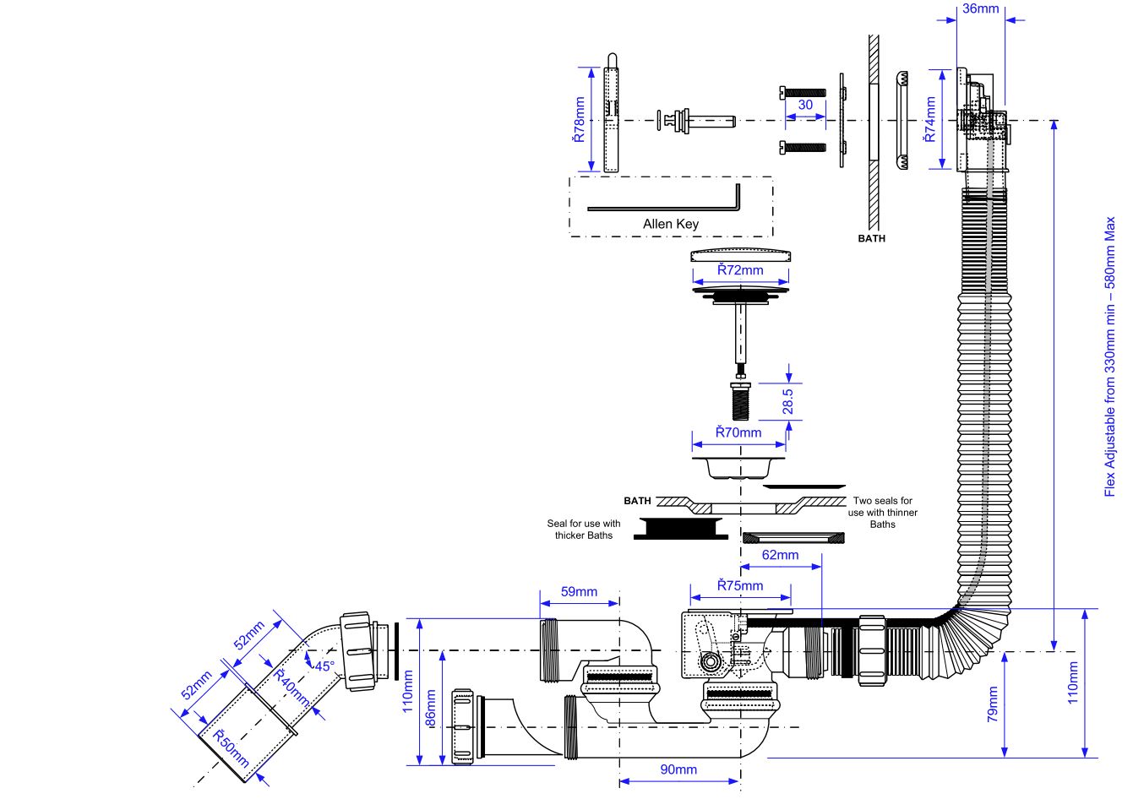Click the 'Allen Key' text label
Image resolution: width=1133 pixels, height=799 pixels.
(x=670, y=224)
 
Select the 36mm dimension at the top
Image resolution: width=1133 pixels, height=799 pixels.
(x=980, y=9)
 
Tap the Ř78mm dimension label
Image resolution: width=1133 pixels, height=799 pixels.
(x=580, y=119)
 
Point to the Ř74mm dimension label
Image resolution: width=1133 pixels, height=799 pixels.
(x=930, y=119)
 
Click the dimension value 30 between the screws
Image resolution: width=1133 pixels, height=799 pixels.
(x=805, y=105)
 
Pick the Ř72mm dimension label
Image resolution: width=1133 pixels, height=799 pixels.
(x=740, y=270)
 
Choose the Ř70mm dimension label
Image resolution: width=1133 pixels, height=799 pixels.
(x=738, y=432)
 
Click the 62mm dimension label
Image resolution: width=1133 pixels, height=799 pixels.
(x=779, y=555)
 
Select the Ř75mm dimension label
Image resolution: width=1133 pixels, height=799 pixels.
(x=739, y=585)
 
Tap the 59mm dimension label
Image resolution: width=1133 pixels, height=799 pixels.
(x=579, y=591)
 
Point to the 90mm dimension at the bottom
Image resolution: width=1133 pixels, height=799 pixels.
(x=678, y=769)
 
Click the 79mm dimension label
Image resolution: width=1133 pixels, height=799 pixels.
(x=993, y=704)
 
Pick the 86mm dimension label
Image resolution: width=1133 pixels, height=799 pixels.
(x=431, y=709)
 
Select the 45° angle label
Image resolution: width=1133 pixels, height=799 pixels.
(x=324, y=666)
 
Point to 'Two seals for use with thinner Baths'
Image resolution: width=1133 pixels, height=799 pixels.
(x=882, y=513)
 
